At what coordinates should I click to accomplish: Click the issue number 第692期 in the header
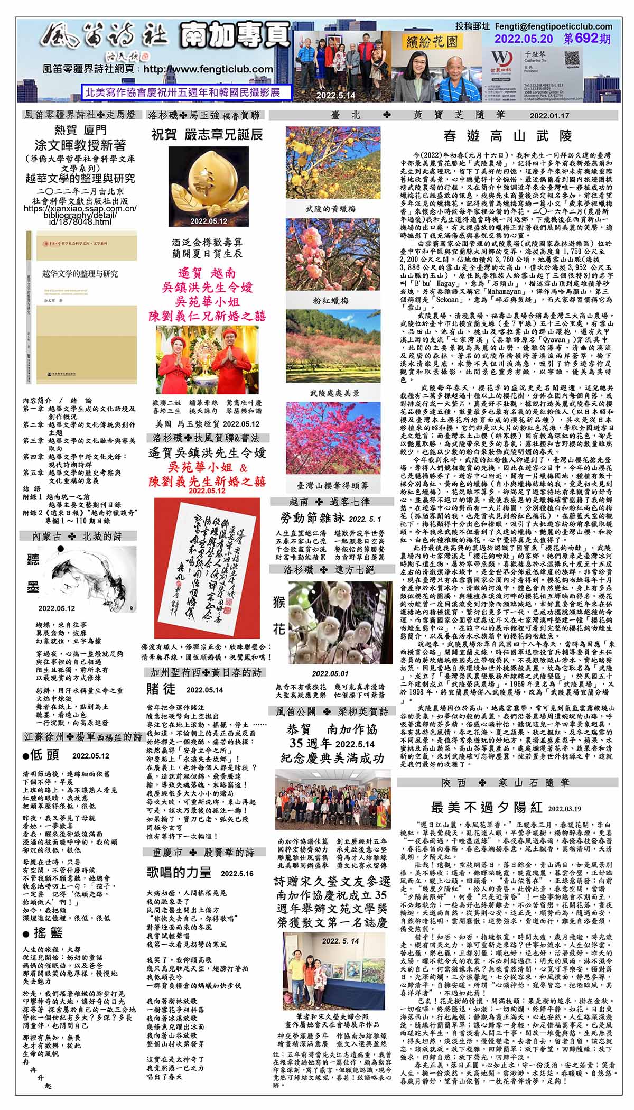point(587,39)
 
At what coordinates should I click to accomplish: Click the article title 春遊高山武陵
point(507,136)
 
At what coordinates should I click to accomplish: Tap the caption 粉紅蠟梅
point(330,300)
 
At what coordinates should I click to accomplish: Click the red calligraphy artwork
point(206,569)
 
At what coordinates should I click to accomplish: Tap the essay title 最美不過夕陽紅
point(486,807)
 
